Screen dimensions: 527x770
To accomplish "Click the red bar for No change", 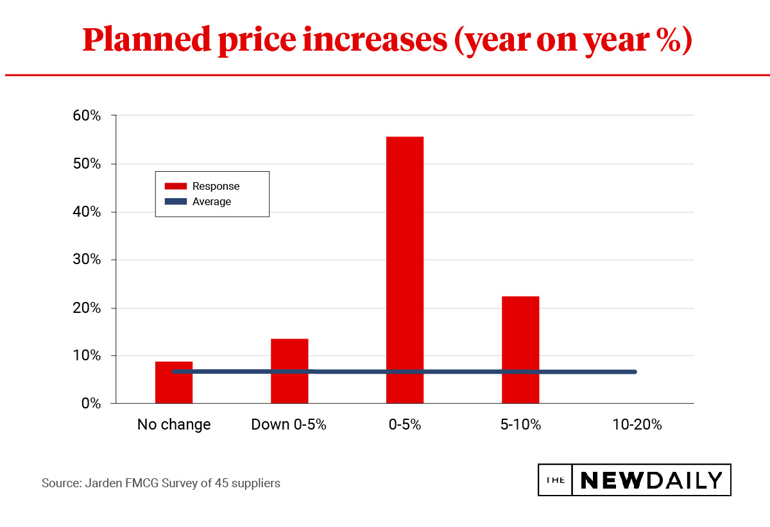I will coord(174,383).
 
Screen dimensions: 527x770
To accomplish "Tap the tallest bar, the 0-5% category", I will coord(404,270).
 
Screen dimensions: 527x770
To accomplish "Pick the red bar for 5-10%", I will coord(520,349).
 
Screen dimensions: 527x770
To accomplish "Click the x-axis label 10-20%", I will coord(636,424).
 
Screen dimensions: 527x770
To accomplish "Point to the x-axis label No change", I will coord(174,424).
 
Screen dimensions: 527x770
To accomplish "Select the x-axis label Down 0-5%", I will coord(289,424).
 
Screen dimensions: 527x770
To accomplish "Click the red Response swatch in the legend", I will coord(175,187).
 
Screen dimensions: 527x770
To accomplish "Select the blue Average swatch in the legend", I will coord(175,202).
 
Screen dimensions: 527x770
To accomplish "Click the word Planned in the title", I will coord(146,40).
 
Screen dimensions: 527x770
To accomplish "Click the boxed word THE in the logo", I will coord(555,480).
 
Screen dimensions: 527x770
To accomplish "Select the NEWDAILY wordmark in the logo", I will coord(651,480).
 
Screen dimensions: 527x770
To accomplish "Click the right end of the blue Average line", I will coord(634,372).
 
